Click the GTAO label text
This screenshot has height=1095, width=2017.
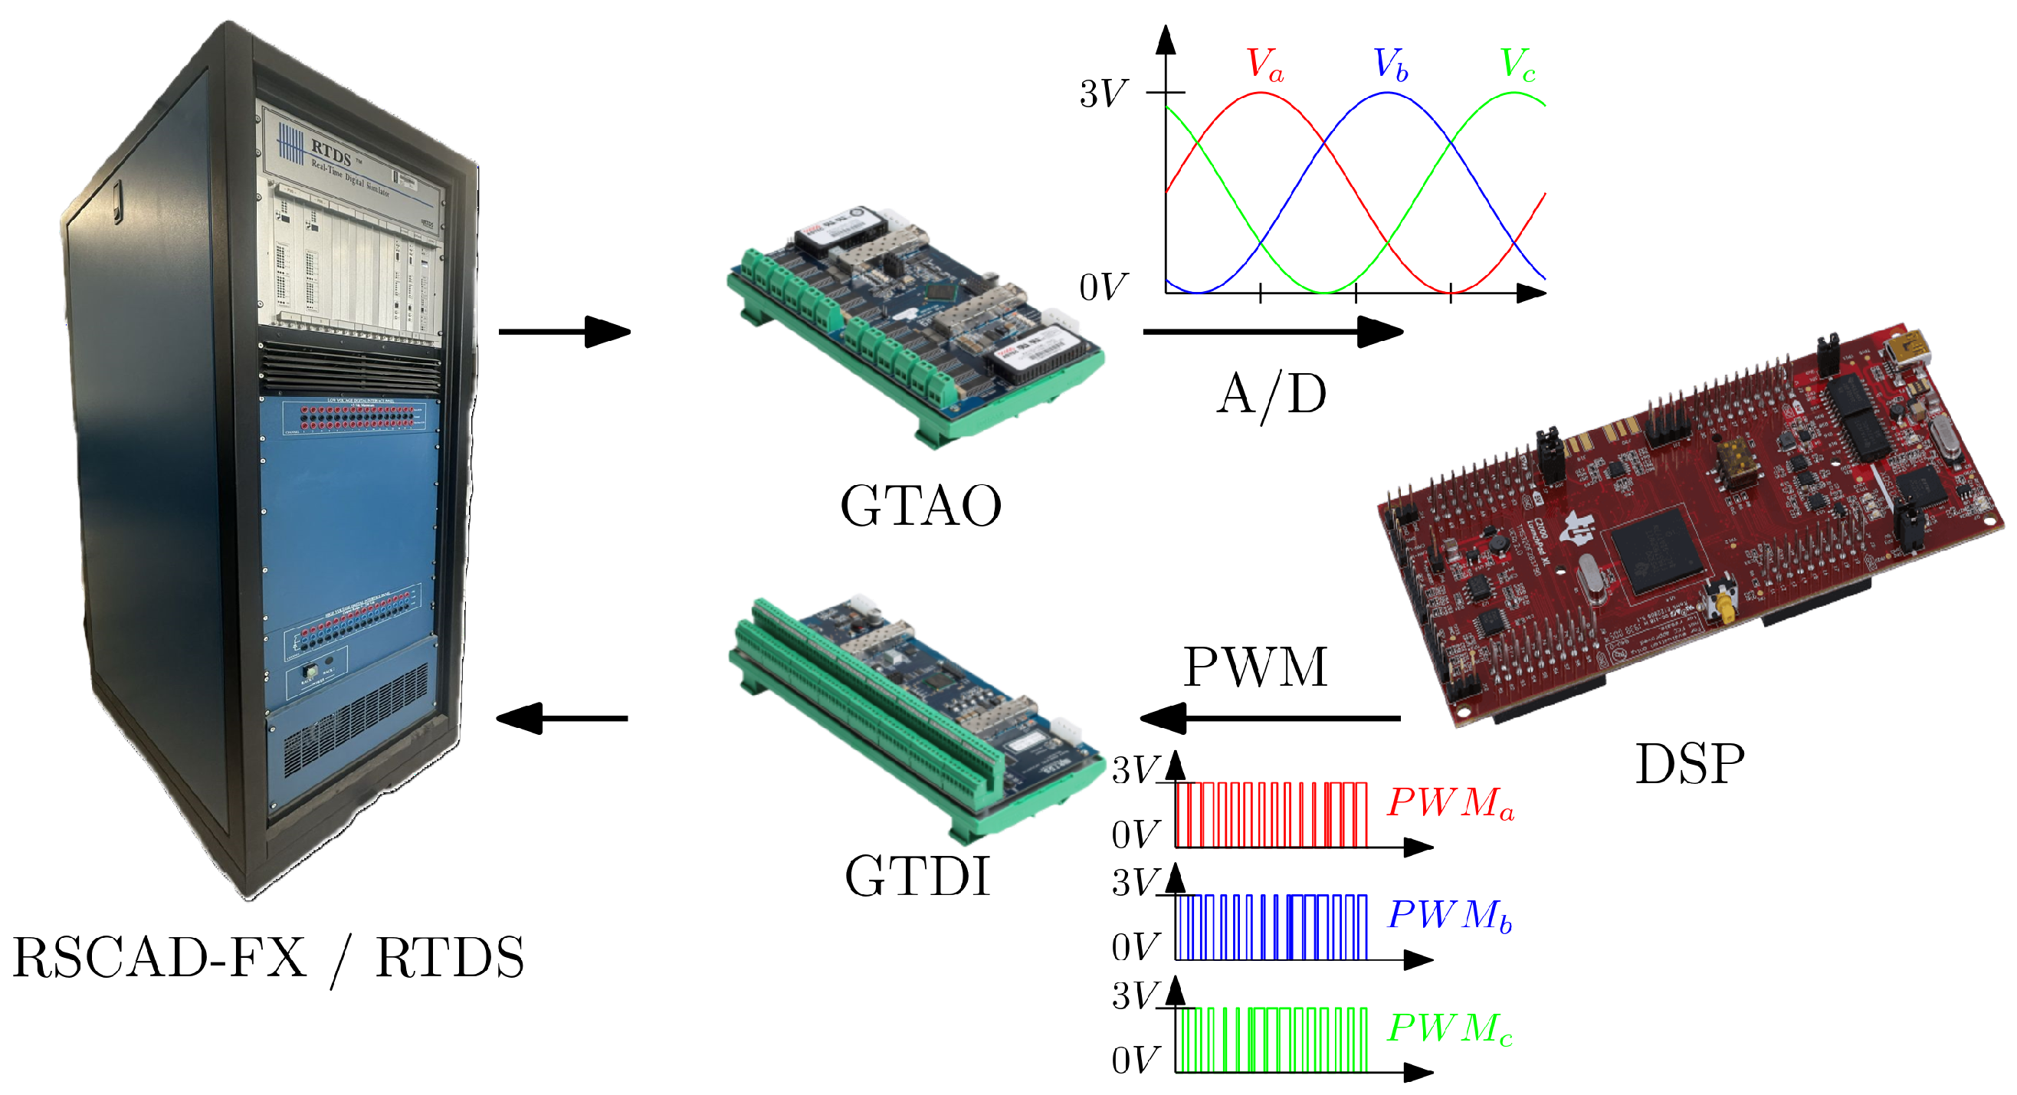click(x=921, y=506)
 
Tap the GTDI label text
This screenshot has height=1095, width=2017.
click(x=917, y=876)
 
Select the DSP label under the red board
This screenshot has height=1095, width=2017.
click(x=1690, y=764)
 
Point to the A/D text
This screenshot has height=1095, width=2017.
click(x=1271, y=395)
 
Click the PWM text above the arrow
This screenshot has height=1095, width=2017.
click(x=1255, y=667)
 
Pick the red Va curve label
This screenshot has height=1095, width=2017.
click(x=1264, y=64)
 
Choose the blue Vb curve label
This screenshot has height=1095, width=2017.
click(x=1391, y=64)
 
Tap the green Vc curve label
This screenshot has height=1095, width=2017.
click(x=1517, y=64)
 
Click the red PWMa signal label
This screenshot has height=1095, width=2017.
click(x=1450, y=803)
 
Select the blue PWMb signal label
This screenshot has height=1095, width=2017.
click(x=1449, y=916)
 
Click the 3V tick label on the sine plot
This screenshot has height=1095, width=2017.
click(x=1104, y=94)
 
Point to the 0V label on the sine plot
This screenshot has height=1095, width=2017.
click(x=1104, y=287)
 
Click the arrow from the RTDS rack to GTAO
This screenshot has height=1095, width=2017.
click(x=564, y=332)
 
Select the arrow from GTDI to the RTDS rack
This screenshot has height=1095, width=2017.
click(x=562, y=719)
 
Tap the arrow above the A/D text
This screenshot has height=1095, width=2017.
click(x=1272, y=332)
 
